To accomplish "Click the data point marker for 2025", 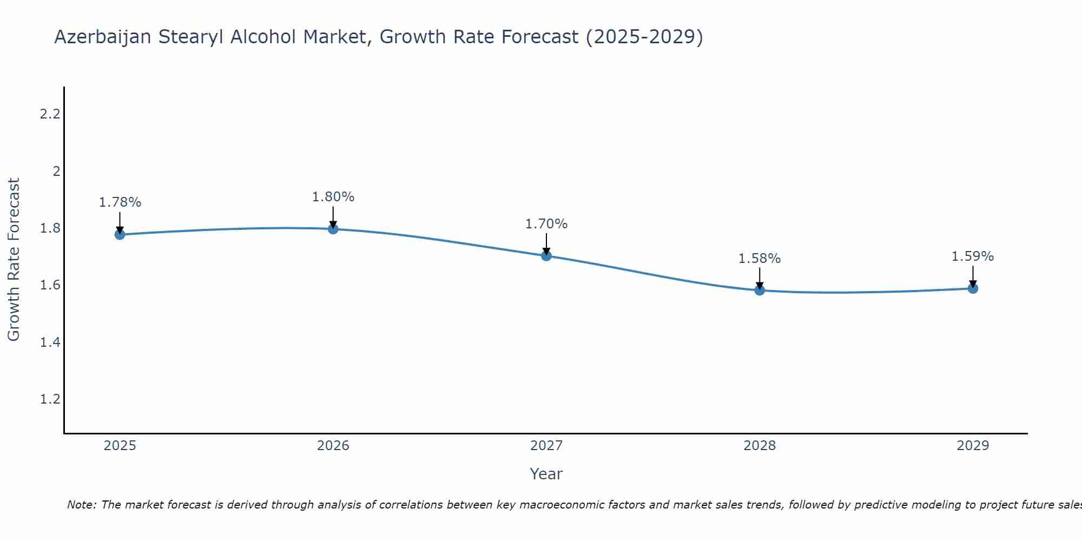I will click(x=120, y=234).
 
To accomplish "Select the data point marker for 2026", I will click(x=333, y=229).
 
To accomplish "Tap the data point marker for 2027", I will click(x=546, y=256).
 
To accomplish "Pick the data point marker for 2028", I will click(x=760, y=290).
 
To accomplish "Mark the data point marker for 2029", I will click(x=973, y=288).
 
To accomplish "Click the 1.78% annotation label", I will click(x=120, y=202).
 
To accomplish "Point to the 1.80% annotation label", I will click(x=333, y=197).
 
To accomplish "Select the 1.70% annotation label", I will click(x=546, y=224).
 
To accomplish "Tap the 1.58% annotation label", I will click(x=760, y=259).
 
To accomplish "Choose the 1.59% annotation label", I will click(x=973, y=256).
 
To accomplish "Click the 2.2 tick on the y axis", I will click(x=50, y=114).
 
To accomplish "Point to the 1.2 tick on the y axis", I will click(x=50, y=399).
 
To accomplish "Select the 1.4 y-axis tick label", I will click(x=50, y=342).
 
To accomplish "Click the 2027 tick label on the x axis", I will click(x=546, y=446).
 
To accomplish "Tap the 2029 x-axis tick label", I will click(x=973, y=446).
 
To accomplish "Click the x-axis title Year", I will click(x=546, y=474).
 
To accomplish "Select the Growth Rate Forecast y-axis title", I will click(x=14, y=260).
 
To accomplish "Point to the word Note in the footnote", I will click(x=81, y=505).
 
